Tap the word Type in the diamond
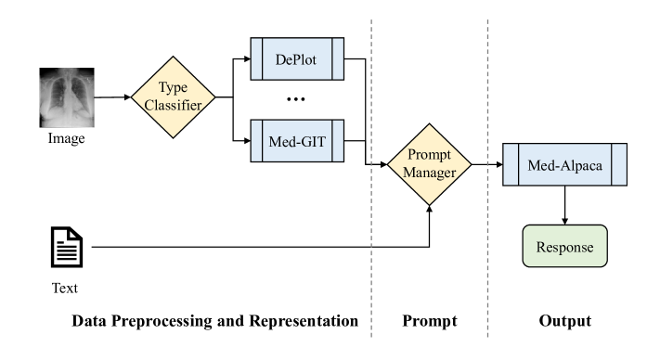click(174, 87)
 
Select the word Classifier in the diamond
click(174, 105)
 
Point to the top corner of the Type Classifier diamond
click(174, 56)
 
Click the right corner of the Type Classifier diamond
click(214, 96)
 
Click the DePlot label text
click(297, 59)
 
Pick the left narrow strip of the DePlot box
click(256, 59)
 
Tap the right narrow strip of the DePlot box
click(339, 59)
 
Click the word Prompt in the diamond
click(429, 156)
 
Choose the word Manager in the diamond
click(429, 173)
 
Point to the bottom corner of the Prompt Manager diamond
click(429, 204)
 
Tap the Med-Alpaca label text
click(565, 165)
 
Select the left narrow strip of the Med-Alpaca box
click(510, 165)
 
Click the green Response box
click(564, 247)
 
